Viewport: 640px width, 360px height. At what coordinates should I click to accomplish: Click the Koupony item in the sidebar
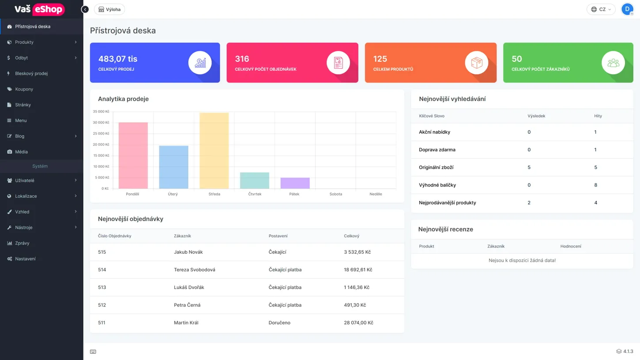point(24,89)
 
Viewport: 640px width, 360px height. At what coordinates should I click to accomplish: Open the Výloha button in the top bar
point(109,9)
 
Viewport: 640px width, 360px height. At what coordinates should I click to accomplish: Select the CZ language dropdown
point(601,9)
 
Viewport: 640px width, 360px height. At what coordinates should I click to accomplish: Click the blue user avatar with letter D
point(627,9)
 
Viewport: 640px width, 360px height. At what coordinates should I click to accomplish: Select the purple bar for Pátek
point(295,183)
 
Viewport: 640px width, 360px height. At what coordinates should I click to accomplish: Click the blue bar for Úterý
point(173,167)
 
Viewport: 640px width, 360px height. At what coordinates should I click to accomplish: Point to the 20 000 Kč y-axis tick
point(101,145)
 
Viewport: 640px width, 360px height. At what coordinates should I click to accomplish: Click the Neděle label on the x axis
point(376,194)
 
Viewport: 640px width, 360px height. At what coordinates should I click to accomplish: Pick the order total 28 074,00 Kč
point(358,322)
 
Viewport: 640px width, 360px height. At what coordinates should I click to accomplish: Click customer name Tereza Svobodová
point(194,270)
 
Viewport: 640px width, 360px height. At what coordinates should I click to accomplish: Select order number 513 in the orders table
point(102,287)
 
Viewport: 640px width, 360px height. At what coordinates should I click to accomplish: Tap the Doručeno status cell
point(279,322)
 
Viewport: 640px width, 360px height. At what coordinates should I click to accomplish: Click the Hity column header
point(598,116)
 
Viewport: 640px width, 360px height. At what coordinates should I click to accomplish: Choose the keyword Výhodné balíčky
point(437,185)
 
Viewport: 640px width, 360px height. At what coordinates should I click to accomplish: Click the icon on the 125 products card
point(476,63)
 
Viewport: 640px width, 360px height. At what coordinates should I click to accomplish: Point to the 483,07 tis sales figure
point(117,59)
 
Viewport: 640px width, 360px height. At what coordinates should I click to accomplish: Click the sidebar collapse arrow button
point(85,9)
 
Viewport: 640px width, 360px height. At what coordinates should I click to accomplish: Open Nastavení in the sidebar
point(25,259)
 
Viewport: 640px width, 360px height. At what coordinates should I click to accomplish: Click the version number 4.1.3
point(628,352)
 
